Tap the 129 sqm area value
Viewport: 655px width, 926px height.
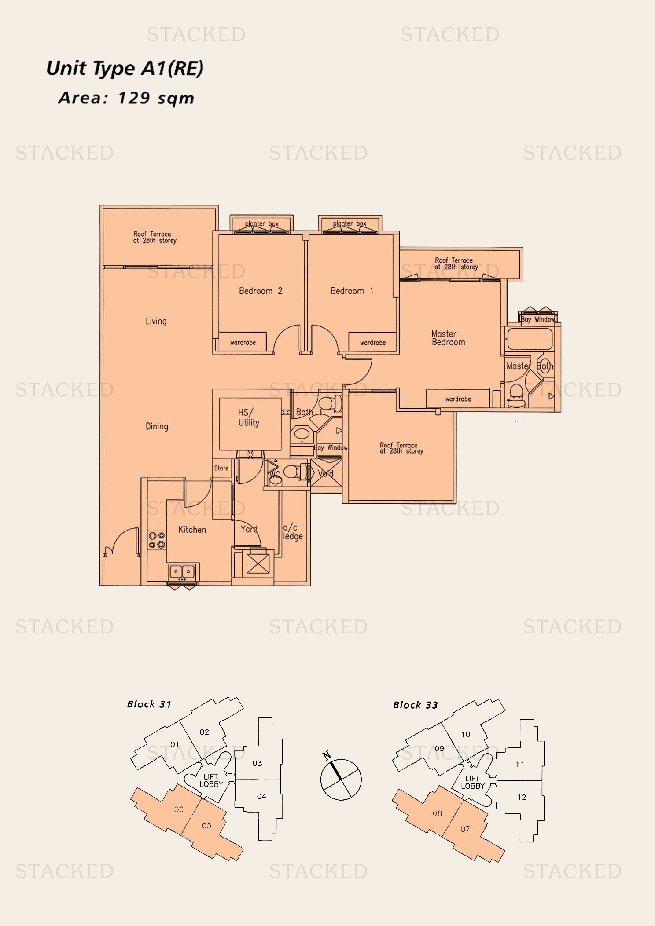[156, 98]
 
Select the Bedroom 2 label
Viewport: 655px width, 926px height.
[261, 291]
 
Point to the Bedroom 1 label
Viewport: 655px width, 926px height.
[352, 291]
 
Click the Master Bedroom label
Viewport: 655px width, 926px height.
[448, 338]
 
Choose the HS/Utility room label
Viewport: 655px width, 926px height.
[249, 417]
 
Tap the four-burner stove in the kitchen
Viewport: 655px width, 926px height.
[157, 540]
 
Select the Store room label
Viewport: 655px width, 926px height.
[221, 468]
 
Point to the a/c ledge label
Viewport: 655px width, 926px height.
[293, 532]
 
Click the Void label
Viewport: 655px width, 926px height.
[326, 474]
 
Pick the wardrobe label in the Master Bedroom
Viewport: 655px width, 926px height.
[458, 399]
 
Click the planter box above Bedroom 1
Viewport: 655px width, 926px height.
[350, 224]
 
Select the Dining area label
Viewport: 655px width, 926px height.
[157, 426]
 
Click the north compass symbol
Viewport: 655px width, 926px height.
[341, 780]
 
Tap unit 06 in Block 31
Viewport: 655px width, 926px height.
[179, 809]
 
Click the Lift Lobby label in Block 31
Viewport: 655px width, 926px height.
[211, 780]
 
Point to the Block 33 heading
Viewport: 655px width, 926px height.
[415, 705]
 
